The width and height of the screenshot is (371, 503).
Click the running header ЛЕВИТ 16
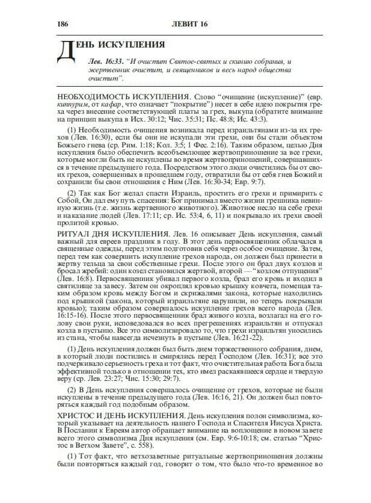pyautogui.click(x=191, y=23)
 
